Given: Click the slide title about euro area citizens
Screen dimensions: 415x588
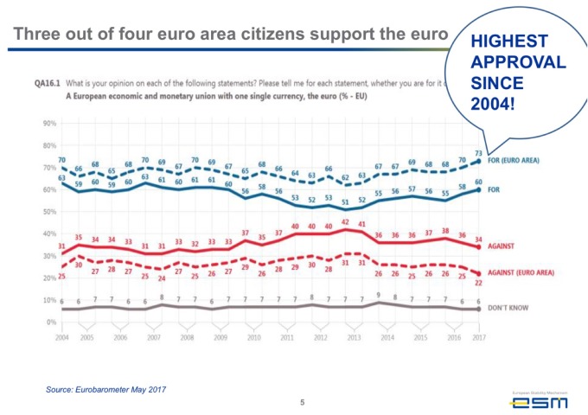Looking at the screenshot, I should [232, 35].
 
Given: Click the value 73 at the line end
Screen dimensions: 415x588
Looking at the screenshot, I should [479, 152].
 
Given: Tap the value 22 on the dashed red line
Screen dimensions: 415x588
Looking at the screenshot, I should [479, 282].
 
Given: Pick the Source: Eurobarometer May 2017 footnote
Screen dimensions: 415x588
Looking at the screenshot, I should [105, 390].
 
